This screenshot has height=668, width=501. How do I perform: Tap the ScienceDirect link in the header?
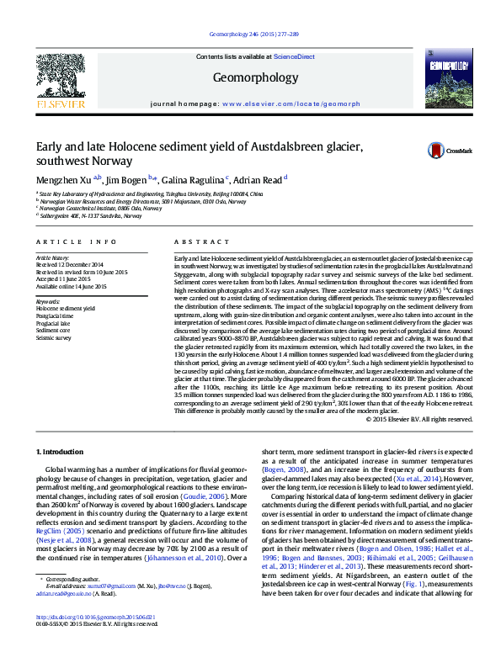pyautogui.click(x=294, y=56)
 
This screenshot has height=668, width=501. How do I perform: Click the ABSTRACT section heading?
pyautogui.click(x=195, y=241)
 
